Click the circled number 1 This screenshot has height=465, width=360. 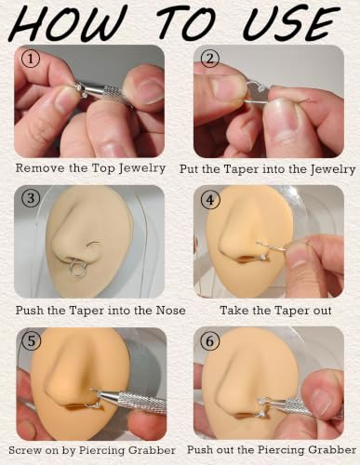[30, 59]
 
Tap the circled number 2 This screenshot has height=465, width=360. [210, 59]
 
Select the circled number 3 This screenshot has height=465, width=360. [31, 198]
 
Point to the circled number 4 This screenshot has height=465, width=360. [210, 200]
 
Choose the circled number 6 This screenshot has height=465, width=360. [210, 341]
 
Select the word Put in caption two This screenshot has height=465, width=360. [189, 169]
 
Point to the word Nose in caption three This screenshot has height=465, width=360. [171, 311]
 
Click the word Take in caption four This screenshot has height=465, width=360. [233, 311]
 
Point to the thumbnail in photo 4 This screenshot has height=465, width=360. [295, 253]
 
